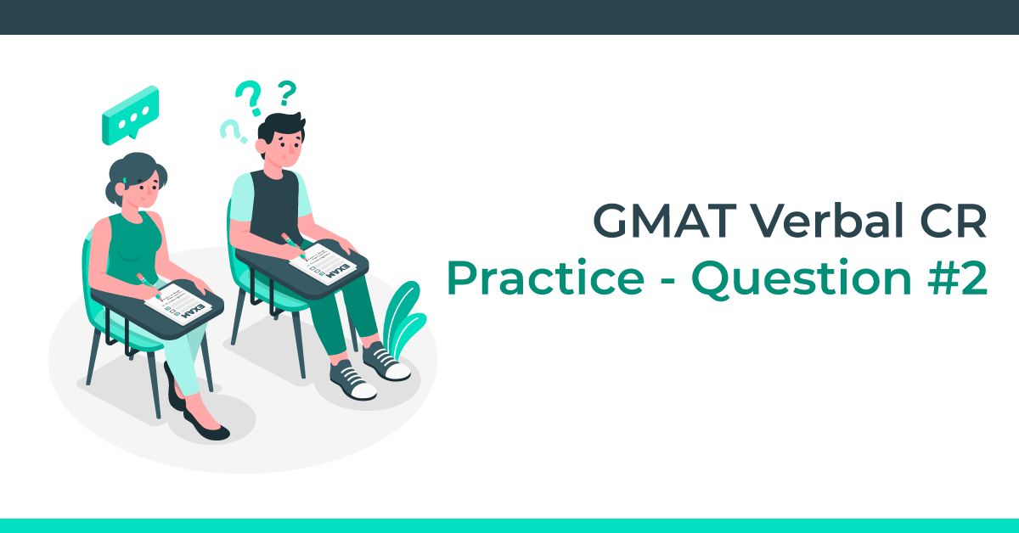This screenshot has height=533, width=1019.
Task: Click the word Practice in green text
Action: (x=543, y=279)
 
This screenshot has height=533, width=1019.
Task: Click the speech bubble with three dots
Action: (x=130, y=115)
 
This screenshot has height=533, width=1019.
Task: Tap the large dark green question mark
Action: (x=248, y=98)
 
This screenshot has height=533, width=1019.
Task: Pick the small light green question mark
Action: (x=230, y=130)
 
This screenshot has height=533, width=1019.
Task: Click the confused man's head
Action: (x=279, y=141)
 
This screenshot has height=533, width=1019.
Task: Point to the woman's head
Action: (x=136, y=182)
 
